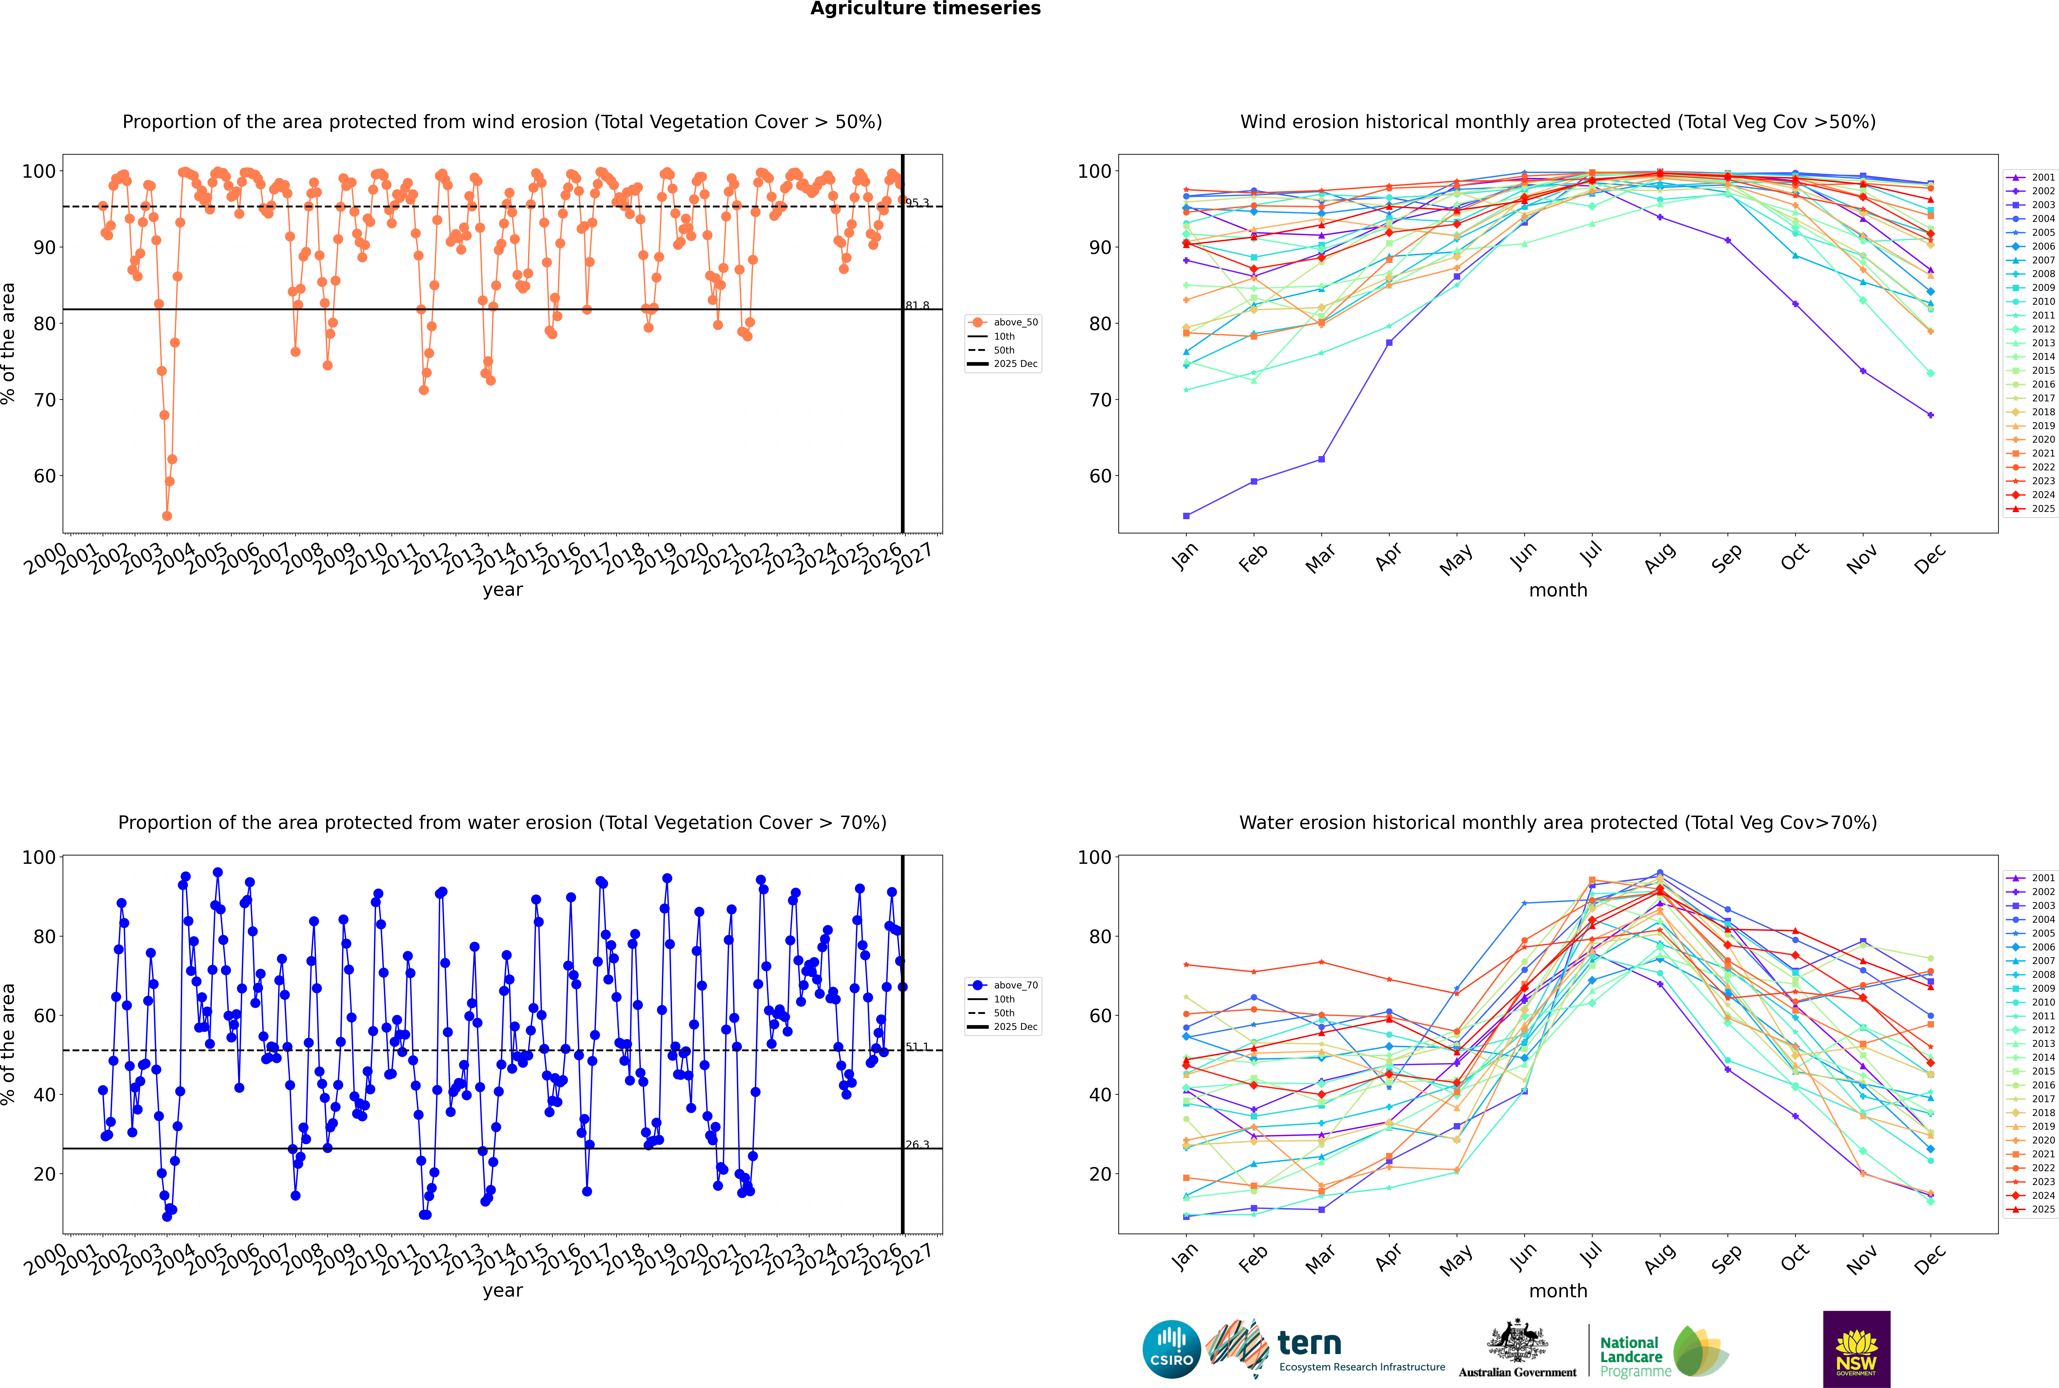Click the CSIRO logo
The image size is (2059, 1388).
1171,1349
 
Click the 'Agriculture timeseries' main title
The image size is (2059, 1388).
925,9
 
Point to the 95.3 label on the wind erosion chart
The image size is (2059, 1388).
917,203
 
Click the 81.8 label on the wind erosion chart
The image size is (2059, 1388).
917,305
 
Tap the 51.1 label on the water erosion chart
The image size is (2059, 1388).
917,1046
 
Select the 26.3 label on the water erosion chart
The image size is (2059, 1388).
917,1145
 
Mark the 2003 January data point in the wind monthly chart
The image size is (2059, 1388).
1186,515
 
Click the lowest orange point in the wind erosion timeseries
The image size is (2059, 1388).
167,515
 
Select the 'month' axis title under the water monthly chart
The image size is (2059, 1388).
1558,1291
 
